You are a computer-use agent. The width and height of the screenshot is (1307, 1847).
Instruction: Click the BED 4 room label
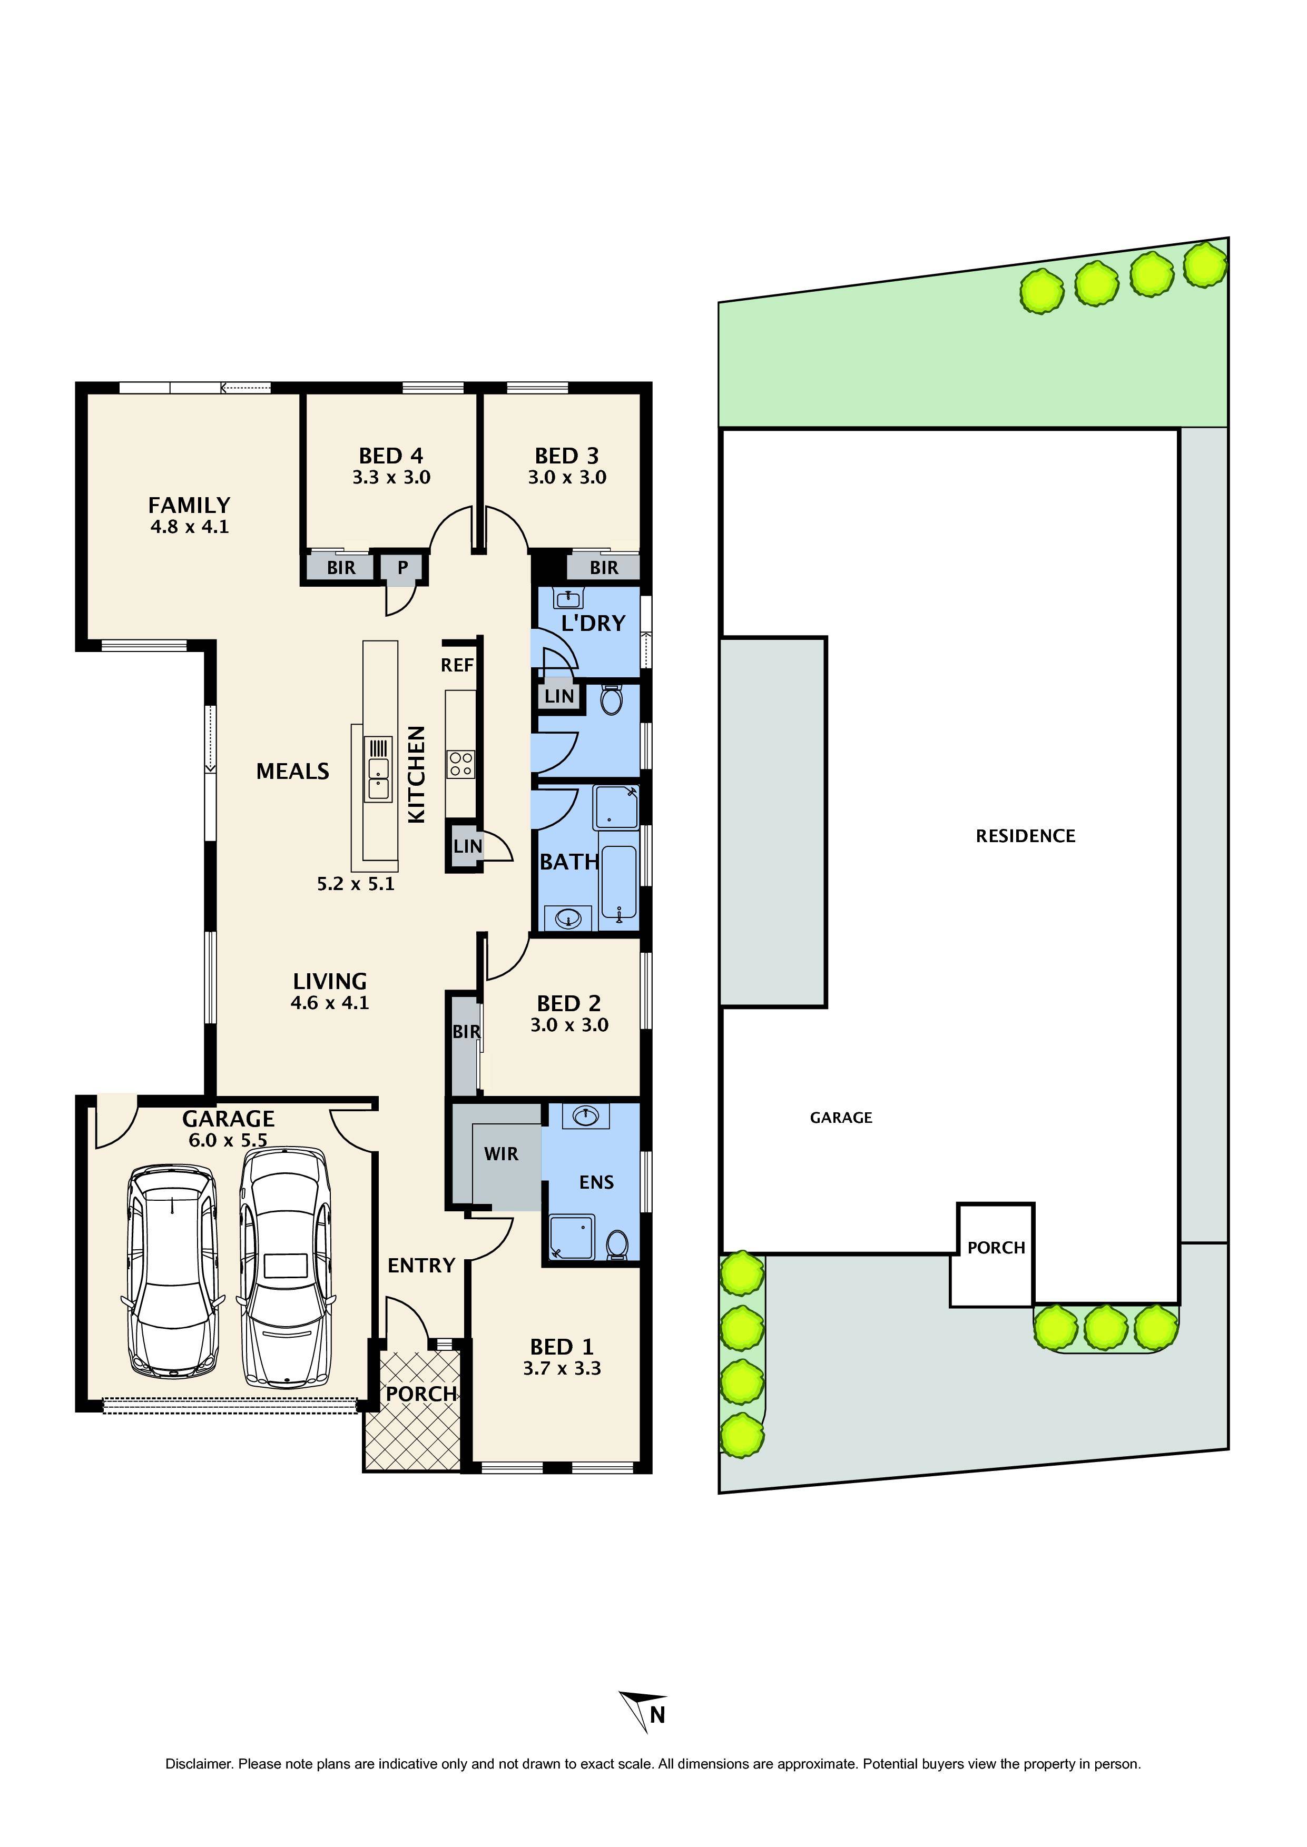pos(391,456)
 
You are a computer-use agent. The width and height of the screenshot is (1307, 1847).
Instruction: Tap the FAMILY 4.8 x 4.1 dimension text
pos(190,527)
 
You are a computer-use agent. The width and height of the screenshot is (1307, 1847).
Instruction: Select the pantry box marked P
pos(402,567)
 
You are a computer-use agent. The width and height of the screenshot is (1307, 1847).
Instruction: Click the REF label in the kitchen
pos(457,665)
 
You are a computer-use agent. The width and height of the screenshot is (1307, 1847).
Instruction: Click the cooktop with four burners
pos(461,764)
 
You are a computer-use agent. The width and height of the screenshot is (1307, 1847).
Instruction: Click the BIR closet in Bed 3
pos(604,567)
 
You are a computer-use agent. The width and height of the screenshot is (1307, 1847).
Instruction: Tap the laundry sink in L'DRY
pos(569,598)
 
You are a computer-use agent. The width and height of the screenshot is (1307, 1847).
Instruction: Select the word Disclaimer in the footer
pos(199,1764)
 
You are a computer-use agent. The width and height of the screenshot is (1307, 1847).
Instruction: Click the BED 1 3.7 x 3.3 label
pos(562,1358)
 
